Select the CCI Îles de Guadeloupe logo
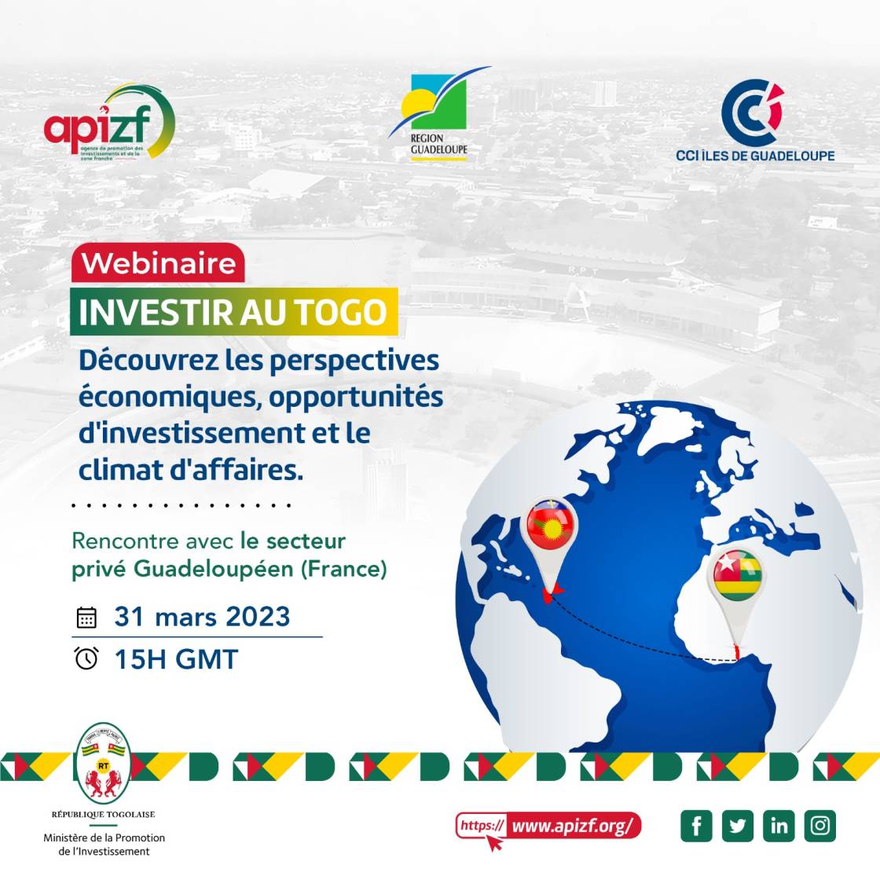tap(754, 122)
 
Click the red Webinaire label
tap(158, 263)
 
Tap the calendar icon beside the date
tap(86, 618)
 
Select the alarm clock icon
tap(86, 658)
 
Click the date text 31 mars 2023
tap(202, 617)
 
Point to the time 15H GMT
tap(176, 659)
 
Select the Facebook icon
tap(696, 826)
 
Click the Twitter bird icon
tap(738, 826)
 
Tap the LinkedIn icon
tap(779, 826)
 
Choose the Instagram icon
tap(820, 826)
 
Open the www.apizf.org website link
tap(572, 827)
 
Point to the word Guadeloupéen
tap(214, 569)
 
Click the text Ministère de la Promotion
tap(104, 838)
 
